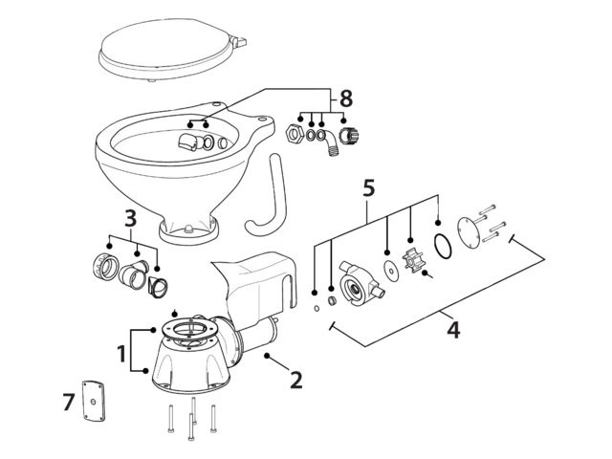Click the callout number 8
[x=345, y=98]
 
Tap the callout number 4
[x=454, y=331]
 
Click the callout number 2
[x=295, y=380]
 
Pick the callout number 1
[x=121, y=354]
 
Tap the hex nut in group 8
[x=295, y=131]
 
